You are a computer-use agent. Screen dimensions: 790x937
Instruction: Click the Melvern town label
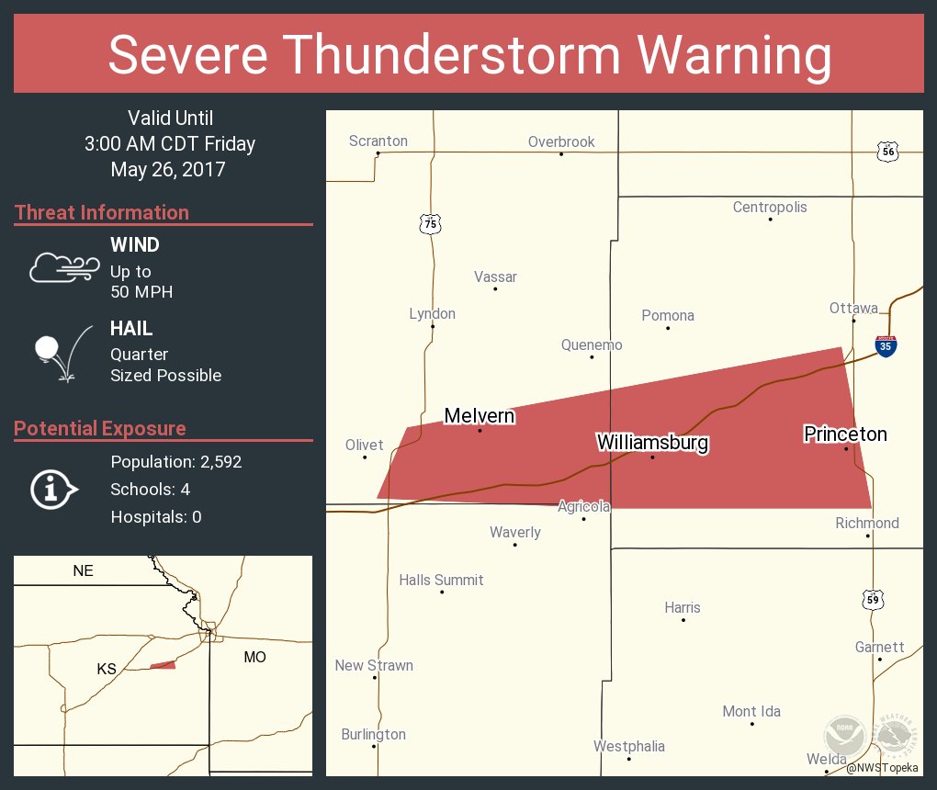[x=479, y=416]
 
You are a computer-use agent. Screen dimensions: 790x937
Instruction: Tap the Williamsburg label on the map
[x=652, y=443]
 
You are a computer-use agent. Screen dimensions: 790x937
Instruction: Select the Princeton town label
[x=845, y=434]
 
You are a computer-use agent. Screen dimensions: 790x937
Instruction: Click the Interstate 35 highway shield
[x=886, y=345]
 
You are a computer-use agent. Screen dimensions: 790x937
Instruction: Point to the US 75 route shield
[x=430, y=223]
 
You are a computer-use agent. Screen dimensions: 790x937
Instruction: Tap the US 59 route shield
[x=873, y=599]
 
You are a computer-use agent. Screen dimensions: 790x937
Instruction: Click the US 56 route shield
[x=886, y=152]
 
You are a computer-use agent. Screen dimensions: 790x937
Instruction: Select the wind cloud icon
[x=63, y=266]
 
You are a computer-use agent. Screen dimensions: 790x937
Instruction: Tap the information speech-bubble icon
[x=54, y=490]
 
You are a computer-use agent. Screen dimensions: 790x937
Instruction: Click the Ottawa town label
[x=853, y=308]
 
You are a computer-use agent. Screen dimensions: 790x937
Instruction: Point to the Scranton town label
[x=378, y=141]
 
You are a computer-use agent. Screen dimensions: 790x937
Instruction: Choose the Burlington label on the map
[x=373, y=734]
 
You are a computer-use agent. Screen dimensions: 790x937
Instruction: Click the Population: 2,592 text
[x=175, y=462]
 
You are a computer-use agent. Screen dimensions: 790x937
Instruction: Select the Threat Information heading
[x=102, y=212]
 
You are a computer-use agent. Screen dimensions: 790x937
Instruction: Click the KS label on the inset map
[x=107, y=669]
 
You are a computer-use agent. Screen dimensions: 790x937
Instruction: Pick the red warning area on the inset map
[x=164, y=664]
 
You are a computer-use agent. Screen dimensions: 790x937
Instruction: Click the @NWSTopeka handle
[x=882, y=767]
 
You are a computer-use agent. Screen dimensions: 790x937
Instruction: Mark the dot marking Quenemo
[x=592, y=356]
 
